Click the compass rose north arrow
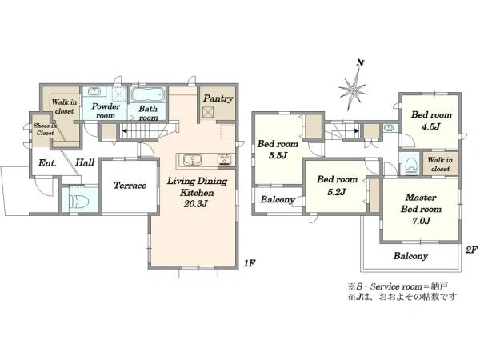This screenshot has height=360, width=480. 353,90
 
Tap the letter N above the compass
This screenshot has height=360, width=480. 360,63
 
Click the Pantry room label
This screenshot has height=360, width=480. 218,99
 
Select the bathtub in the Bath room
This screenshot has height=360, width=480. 148,95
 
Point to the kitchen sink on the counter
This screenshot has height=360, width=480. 192,160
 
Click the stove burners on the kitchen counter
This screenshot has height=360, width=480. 225,161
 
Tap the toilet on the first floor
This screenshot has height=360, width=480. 79,202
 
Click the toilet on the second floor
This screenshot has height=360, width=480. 411,166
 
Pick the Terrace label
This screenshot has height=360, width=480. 130,186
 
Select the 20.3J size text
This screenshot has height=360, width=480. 196,203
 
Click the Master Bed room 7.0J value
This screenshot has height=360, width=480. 422,221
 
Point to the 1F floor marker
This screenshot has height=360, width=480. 250,263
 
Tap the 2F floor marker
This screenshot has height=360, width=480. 471,250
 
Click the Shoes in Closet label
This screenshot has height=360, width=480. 45,129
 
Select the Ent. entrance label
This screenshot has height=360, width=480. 47,163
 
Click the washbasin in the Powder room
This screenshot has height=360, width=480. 94,91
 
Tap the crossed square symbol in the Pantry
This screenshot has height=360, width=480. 207,112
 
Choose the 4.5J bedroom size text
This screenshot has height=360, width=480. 431,126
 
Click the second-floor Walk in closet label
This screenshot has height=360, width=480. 440,164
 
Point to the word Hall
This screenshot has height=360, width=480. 85,162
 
